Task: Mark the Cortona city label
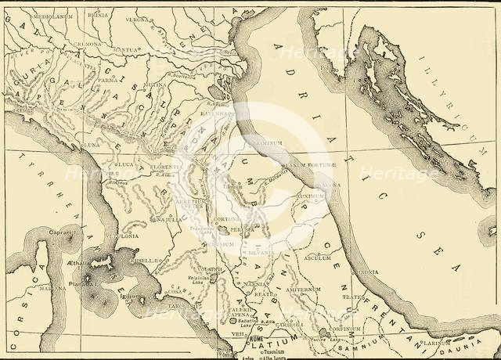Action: (228, 220)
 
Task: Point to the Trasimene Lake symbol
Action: (224, 232)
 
